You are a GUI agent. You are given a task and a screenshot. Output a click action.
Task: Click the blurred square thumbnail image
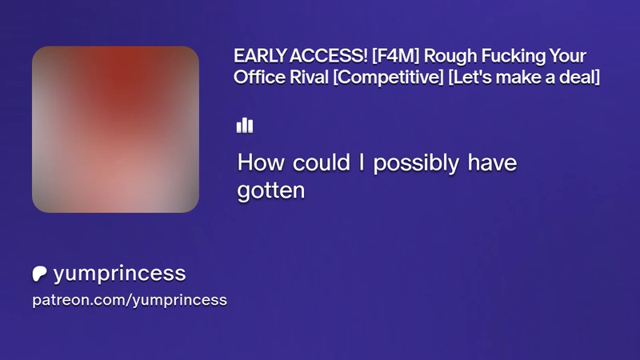click(x=115, y=130)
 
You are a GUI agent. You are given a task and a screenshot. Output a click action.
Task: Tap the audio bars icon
click(x=245, y=126)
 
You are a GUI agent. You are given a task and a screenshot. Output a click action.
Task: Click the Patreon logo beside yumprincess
click(x=39, y=274)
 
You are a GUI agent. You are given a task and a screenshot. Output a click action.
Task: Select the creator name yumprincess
click(x=119, y=274)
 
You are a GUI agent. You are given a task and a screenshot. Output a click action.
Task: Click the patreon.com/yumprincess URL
click(x=130, y=300)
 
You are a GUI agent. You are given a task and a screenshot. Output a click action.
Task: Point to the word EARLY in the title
click(x=259, y=56)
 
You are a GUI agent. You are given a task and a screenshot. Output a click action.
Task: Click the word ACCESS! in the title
click(x=329, y=56)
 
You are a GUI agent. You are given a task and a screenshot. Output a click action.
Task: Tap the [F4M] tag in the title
click(x=395, y=56)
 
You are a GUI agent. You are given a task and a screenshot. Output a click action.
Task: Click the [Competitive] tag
click(x=388, y=78)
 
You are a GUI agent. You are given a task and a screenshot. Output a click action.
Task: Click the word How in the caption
click(x=261, y=162)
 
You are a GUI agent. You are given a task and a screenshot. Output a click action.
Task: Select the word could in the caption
click(x=322, y=162)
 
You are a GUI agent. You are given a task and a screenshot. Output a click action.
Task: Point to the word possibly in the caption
click(x=416, y=164)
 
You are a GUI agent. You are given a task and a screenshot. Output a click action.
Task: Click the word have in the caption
click(x=492, y=162)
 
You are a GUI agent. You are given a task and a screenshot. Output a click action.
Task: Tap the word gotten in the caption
click(x=271, y=191)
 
